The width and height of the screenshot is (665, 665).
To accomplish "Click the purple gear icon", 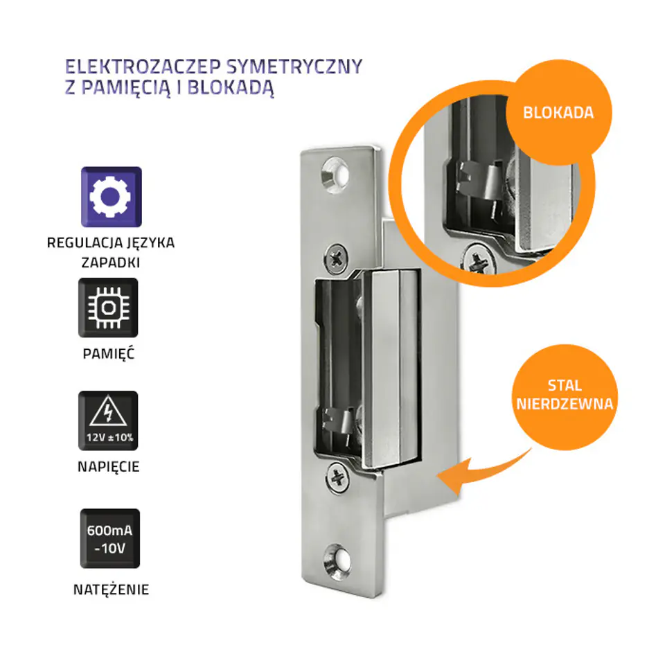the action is tap(111, 197).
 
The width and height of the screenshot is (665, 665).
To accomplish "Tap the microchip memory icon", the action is tap(108, 308).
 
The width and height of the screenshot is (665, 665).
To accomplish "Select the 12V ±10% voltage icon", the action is tap(108, 420).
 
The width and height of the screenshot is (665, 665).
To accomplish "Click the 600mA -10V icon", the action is tap(110, 538).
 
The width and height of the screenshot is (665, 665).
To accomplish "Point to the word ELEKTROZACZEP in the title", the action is tap(143, 66).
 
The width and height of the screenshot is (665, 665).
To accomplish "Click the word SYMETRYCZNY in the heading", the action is tap(294, 66).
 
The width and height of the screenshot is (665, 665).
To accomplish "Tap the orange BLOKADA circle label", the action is tap(558, 112).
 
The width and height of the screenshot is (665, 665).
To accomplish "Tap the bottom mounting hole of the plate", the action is tap(337, 562).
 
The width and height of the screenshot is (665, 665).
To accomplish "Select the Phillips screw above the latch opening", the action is tap(337, 258).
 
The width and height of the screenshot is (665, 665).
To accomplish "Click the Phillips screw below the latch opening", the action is tap(338, 478).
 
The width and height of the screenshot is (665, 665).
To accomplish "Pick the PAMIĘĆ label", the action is tap(109, 353).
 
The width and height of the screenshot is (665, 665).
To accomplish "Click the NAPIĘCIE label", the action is tap(109, 466).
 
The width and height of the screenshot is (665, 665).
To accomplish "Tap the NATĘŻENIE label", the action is tap(111, 589).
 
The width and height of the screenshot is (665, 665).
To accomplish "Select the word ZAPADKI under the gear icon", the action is tap(111, 263).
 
